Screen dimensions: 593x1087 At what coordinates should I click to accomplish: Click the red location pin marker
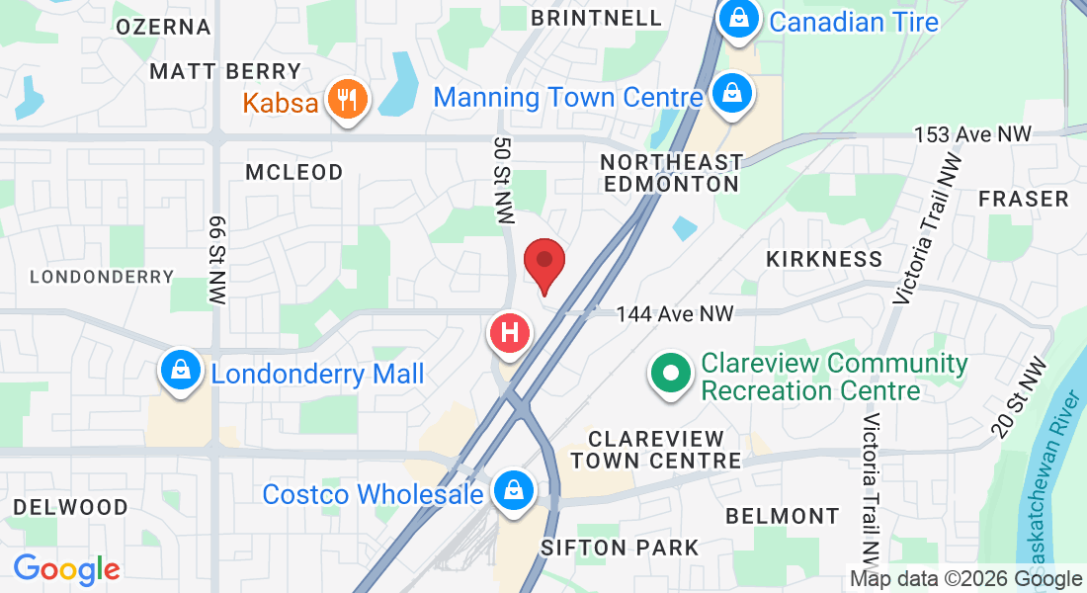[x=543, y=262]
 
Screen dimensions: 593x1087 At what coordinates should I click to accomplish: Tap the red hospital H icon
[x=510, y=333]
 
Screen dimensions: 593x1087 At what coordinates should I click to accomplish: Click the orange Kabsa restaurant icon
[x=346, y=99]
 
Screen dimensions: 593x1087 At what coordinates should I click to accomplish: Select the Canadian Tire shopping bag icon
[x=737, y=18]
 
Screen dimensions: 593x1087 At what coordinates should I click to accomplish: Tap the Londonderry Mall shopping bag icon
[x=181, y=372]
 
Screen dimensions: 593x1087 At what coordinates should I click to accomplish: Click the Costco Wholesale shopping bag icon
[x=514, y=490]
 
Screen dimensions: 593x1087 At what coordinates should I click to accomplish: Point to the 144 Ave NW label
[x=675, y=314]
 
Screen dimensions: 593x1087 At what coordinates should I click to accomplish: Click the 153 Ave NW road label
[x=972, y=133]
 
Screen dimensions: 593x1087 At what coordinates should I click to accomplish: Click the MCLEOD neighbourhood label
[x=294, y=172]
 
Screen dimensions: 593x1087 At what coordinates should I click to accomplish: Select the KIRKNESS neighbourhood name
[x=824, y=259]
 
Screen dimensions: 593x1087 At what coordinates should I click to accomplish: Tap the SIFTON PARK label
[x=620, y=548]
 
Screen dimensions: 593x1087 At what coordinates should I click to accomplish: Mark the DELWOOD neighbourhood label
[x=70, y=507]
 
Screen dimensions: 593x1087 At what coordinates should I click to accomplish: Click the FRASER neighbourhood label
[x=1024, y=199]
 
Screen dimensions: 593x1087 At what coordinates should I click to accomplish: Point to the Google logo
[x=66, y=569]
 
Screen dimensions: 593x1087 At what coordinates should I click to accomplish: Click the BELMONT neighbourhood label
[x=782, y=516]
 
